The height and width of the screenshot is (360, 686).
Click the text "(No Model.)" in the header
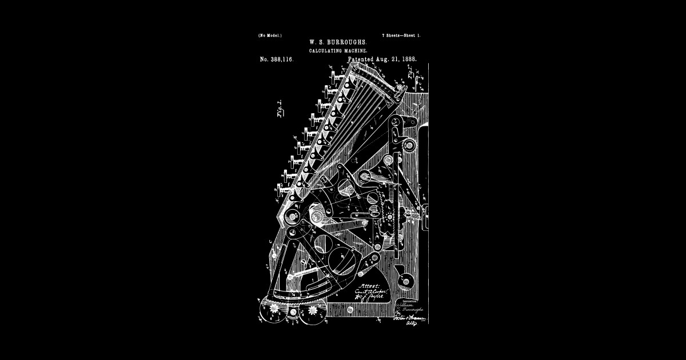[x=270, y=36]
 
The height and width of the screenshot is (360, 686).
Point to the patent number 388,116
[x=277, y=59]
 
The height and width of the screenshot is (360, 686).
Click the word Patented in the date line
[x=360, y=59]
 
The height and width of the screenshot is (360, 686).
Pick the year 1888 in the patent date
[x=408, y=59]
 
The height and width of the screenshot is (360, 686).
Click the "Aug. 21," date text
[x=386, y=59]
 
